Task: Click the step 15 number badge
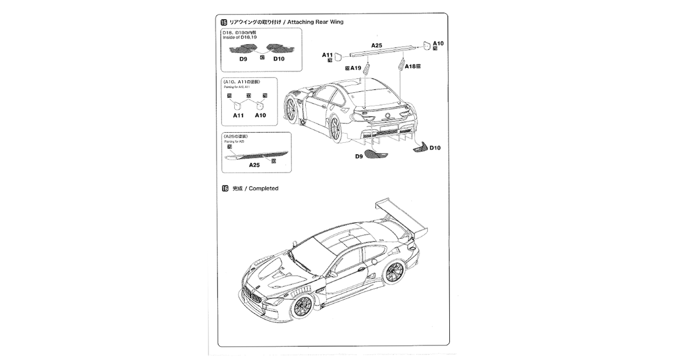[x=224, y=22]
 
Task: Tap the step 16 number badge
[x=225, y=188]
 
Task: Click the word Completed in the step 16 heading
[x=263, y=188]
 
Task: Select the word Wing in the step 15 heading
[x=337, y=22]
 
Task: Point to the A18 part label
[x=410, y=66]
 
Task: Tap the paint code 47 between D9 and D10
[x=262, y=58]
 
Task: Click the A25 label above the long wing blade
[x=376, y=45]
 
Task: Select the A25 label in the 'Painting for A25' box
[x=254, y=165]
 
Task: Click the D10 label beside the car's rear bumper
[x=435, y=148]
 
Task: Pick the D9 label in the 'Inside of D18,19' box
[x=243, y=59]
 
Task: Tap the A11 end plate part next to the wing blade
[x=340, y=55]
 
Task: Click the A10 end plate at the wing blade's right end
[x=427, y=45]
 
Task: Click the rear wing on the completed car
[x=402, y=216]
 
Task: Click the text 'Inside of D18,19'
[x=240, y=37]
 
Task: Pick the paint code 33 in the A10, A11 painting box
[x=249, y=96]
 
